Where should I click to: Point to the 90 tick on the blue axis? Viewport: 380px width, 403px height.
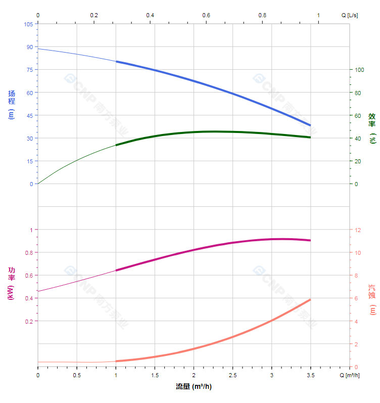pos(29,47)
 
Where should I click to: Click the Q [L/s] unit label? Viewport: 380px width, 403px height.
pos(350,15)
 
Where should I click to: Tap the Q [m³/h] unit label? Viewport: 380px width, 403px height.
pos(349,375)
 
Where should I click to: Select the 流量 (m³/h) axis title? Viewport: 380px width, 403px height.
pos(194,387)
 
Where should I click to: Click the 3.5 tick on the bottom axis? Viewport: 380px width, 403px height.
pos(310,375)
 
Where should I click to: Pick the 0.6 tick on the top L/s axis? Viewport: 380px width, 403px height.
pos(206,15)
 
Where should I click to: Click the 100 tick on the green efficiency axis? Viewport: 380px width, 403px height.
pos(359,70)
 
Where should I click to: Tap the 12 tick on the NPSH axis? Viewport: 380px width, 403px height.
pos(358,230)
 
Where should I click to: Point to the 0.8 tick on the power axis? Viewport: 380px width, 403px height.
pos(29,253)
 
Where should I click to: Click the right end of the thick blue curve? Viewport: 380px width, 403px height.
pos(310,125)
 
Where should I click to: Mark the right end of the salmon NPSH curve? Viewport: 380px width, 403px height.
pos(310,300)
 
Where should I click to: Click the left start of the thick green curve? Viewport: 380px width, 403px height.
pos(116,145)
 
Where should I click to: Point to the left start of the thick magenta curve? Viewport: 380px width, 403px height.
pos(116,271)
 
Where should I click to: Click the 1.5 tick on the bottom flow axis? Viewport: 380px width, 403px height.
pos(155,375)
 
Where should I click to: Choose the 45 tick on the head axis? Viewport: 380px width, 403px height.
pos(29,116)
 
